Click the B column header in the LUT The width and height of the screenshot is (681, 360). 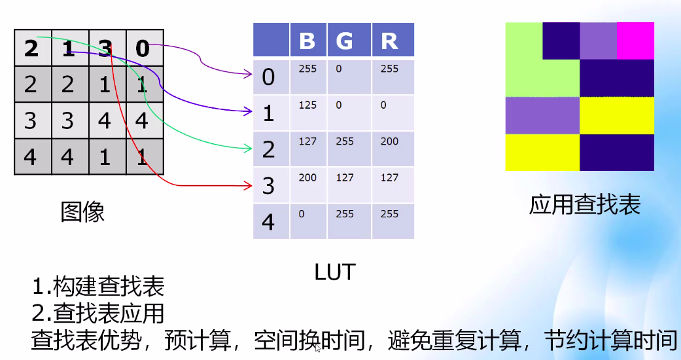307,41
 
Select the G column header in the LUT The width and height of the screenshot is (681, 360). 344,41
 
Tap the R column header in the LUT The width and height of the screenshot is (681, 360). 389,41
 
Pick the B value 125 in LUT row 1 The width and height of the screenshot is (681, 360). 307,105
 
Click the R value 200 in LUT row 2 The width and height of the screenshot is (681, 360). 389,141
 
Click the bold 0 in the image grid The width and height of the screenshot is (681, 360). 143,48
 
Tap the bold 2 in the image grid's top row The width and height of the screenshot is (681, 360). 31,48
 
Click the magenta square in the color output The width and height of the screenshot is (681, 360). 635,41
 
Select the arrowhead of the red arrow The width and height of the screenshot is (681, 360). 249,186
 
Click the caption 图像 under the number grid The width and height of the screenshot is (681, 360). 82,211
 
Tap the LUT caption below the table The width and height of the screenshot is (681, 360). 334,271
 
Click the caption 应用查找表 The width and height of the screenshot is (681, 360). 585,206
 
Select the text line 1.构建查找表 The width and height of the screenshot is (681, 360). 98,287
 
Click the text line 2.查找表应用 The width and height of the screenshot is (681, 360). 98,313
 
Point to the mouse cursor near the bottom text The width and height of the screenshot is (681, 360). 317,348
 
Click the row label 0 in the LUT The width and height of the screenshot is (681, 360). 268,77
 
